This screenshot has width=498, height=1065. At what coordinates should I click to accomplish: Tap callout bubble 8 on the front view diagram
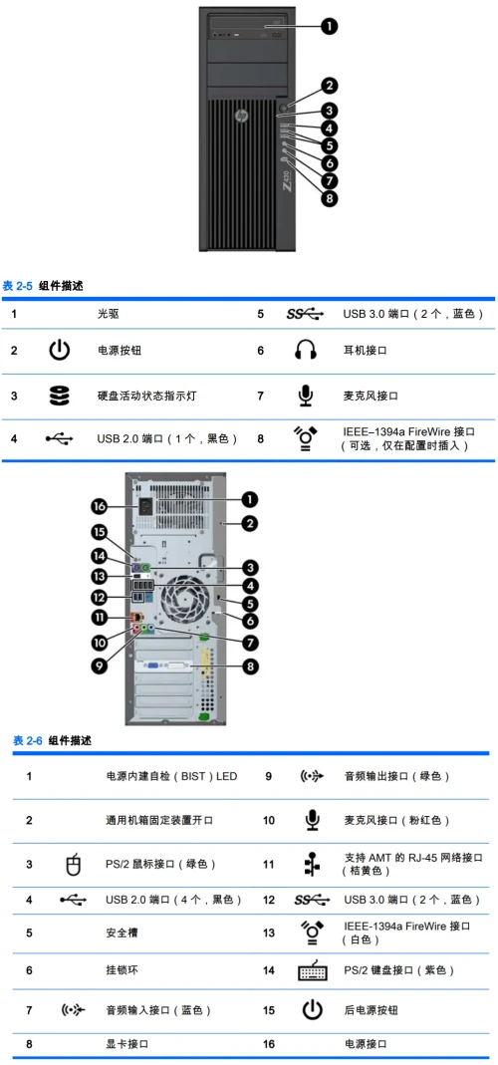(x=329, y=198)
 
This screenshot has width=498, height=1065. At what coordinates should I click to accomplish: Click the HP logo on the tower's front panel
(x=241, y=117)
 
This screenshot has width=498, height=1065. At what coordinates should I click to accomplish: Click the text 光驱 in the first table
(x=108, y=314)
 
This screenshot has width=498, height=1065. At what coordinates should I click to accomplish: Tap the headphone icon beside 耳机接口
(x=305, y=351)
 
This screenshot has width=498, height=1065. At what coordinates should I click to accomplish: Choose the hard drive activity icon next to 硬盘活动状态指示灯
(x=60, y=396)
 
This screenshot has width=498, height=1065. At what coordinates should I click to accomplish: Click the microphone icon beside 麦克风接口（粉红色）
(x=313, y=820)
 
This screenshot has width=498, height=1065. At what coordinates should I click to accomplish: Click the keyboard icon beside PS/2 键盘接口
(x=313, y=970)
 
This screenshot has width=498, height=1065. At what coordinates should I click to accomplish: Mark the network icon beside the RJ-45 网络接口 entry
(x=313, y=864)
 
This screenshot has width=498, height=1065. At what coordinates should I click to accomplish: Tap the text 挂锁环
(x=120, y=969)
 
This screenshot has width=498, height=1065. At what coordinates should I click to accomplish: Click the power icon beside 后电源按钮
(x=313, y=1010)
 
